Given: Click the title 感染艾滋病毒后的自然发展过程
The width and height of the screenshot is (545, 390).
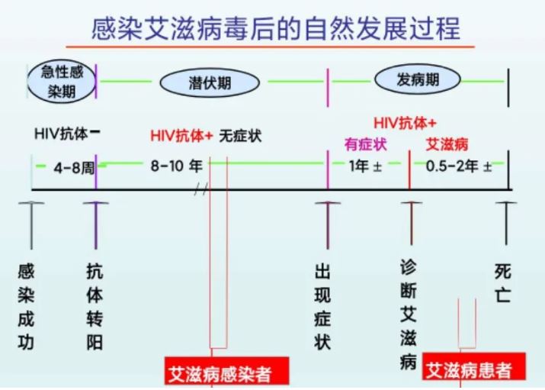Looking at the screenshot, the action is [276, 28].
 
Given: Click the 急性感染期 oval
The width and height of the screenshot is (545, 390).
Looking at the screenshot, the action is [62, 82].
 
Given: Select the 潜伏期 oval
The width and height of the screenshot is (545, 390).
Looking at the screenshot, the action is [210, 82].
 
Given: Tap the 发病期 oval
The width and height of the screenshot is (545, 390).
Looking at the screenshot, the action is [418, 79].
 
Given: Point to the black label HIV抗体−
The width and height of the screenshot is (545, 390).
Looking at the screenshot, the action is [67, 134].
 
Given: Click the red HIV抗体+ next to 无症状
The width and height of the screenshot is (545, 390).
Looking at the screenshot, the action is [181, 135].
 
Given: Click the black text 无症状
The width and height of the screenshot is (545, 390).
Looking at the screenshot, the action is [240, 136].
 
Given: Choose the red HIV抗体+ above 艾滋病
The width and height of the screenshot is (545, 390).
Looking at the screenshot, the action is [405, 123].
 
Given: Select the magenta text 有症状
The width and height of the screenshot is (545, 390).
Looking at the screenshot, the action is [366, 144].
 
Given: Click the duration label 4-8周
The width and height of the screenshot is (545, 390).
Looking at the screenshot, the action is [74, 168].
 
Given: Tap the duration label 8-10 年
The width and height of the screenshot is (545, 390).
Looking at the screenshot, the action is [176, 166].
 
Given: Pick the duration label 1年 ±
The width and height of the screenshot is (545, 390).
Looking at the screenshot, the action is [366, 166].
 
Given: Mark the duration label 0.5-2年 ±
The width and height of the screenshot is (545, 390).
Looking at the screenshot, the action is [459, 166].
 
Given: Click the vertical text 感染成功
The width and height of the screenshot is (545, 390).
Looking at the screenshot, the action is [26, 307].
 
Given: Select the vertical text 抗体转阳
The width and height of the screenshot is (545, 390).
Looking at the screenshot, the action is [95, 307].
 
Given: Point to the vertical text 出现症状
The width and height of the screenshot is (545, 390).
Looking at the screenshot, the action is [322, 307].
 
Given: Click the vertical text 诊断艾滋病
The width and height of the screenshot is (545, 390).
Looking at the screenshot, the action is [408, 314].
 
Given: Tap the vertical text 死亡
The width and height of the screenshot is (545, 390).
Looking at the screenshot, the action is [502, 283].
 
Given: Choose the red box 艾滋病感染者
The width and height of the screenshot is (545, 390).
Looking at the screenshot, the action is [226, 371].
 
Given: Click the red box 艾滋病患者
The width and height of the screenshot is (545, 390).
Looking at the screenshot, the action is [474, 366].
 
